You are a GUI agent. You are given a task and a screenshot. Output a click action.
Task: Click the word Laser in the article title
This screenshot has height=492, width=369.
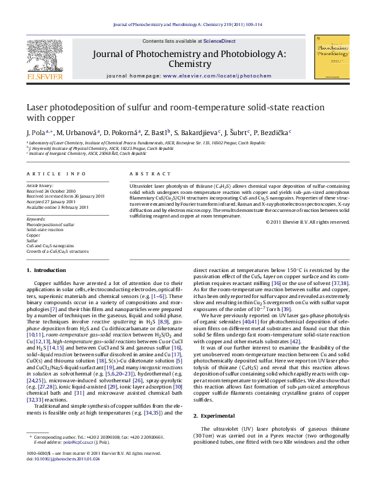(x=37, y=107)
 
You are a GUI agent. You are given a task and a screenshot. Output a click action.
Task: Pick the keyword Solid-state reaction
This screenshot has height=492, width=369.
(x=45, y=229)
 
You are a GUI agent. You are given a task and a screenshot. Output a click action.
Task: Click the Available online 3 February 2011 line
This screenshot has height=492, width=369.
(x=58, y=207)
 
